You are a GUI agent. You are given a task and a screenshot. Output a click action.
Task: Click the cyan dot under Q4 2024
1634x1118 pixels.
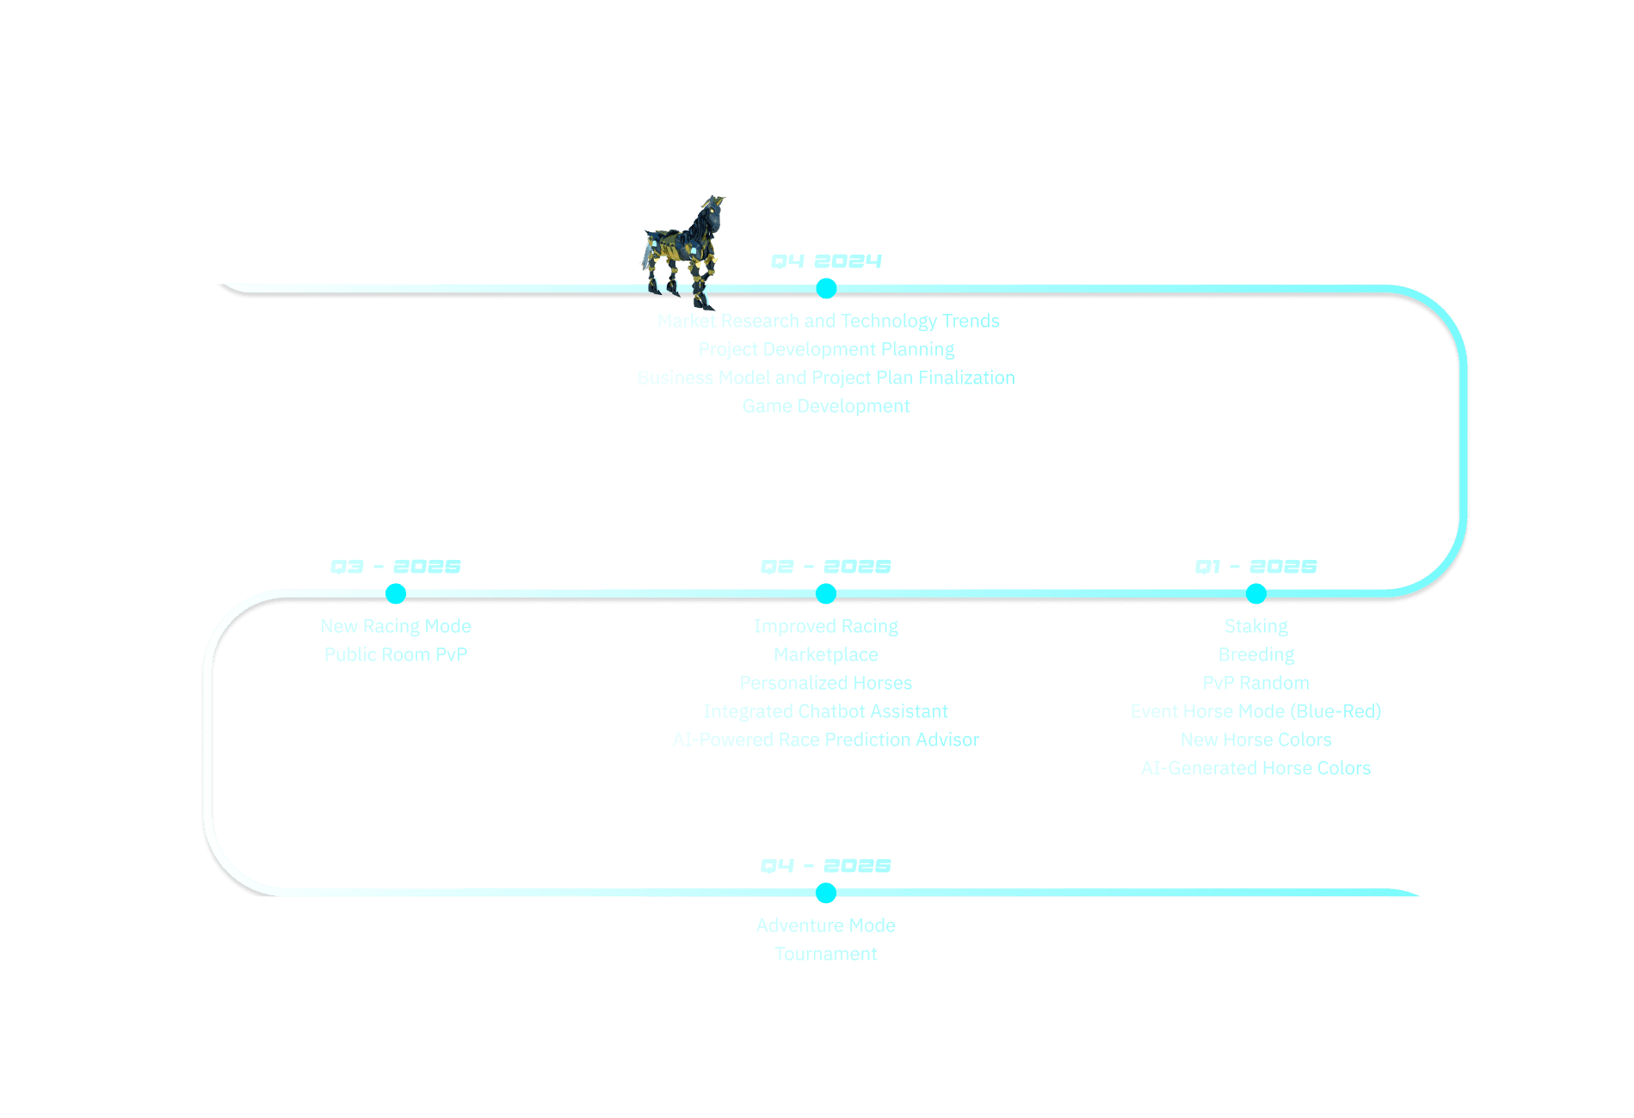tap(826, 288)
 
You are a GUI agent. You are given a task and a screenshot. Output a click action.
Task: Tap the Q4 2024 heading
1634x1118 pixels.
tap(826, 261)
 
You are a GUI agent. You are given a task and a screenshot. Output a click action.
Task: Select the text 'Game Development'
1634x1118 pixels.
tap(826, 406)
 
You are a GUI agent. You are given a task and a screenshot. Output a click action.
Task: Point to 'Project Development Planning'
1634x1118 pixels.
tap(826, 349)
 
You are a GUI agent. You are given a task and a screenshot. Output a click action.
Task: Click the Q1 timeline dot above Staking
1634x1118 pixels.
tap(1256, 593)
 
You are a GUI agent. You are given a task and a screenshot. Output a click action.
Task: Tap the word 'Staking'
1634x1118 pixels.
tap(1256, 626)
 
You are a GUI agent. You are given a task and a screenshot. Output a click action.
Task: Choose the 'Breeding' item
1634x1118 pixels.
tap(1256, 654)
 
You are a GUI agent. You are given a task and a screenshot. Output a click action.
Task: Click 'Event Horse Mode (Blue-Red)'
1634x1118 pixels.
tap(1256, 711)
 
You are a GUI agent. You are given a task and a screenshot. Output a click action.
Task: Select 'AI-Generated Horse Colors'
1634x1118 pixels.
tap(1256, 768)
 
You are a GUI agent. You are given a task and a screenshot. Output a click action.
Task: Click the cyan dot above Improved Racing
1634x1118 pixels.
tap(826, 593)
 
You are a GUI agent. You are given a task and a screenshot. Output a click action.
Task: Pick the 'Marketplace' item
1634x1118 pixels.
tap(826, 654)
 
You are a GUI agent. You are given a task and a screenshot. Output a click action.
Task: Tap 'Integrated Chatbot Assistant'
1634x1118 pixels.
tap(826, 711)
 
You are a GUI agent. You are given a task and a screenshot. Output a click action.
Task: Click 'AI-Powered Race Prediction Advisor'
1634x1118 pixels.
tap(826, 740)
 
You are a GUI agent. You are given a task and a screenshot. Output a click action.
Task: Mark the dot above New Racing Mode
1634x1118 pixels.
tap(396, 593)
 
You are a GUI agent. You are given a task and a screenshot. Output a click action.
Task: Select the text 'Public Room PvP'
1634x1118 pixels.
tap(396, 654)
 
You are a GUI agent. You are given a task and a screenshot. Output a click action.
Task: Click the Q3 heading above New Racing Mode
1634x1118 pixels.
tap(396, 567)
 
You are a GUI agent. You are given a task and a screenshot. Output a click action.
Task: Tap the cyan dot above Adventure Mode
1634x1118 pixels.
tap(826, 893)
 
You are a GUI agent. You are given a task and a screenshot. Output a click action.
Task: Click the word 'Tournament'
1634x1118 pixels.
tap(826, 954)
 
